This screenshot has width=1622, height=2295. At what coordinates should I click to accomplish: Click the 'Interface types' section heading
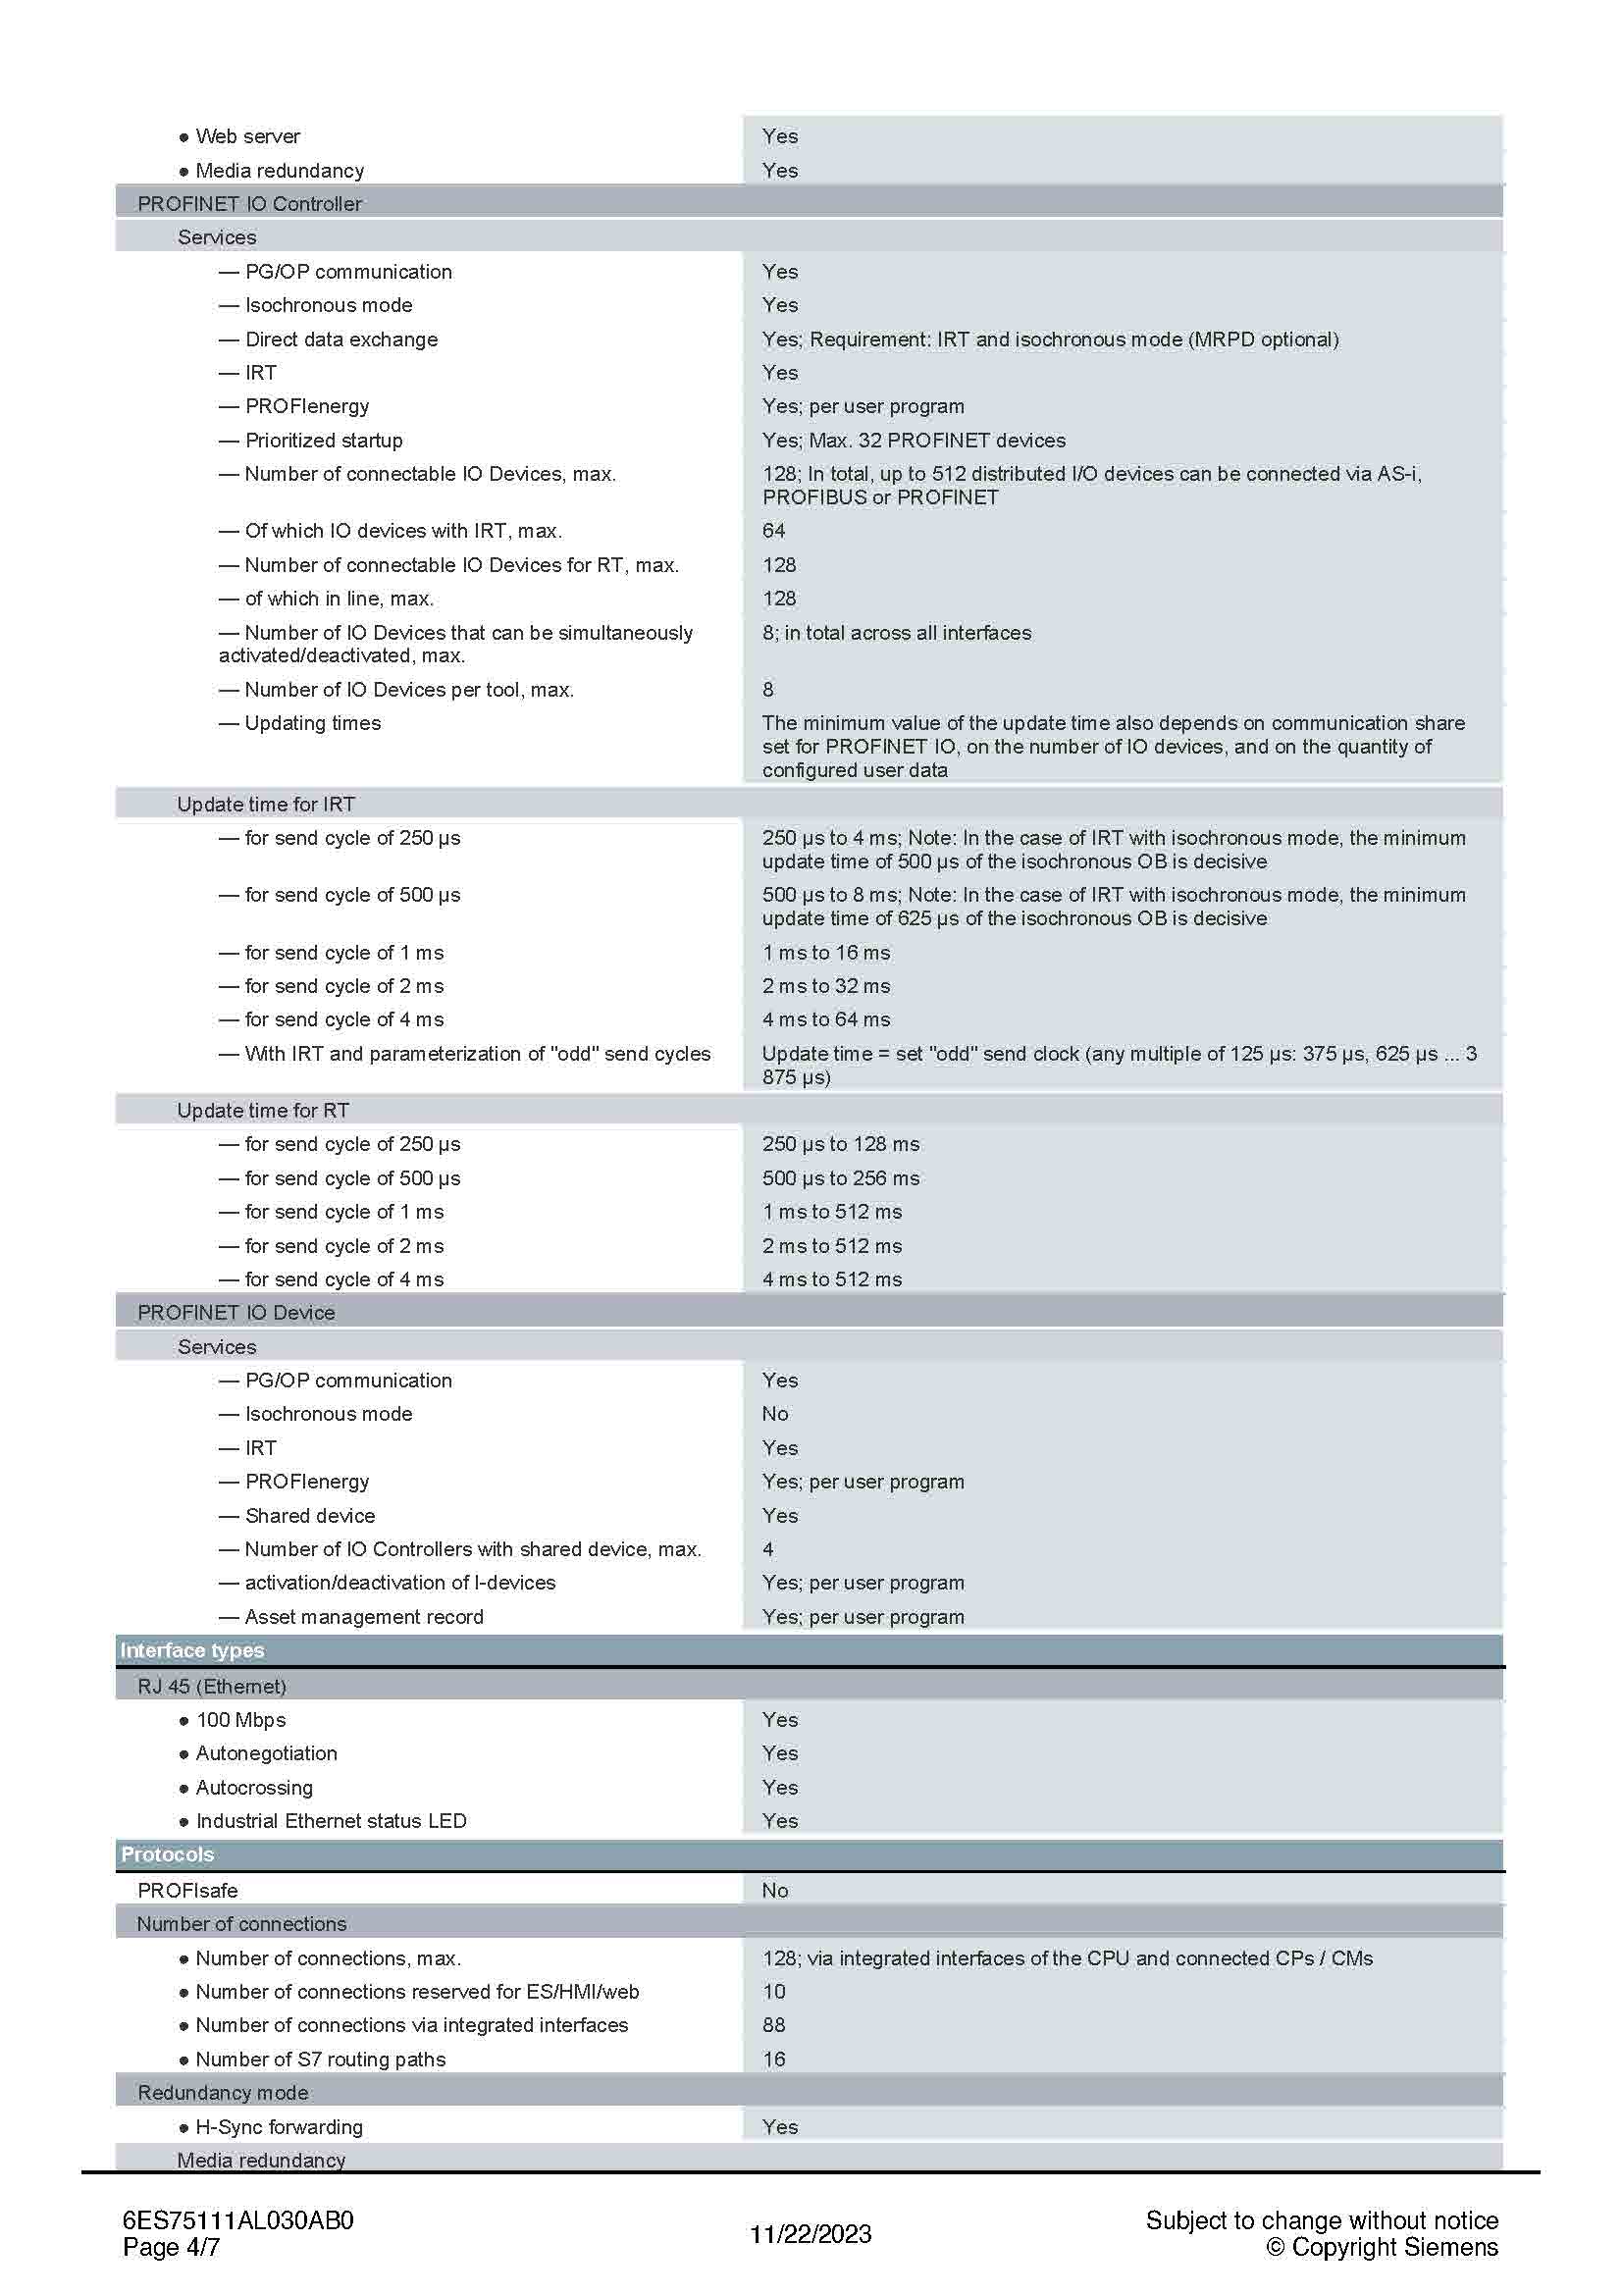pyautogui.click(x=192, y=1650)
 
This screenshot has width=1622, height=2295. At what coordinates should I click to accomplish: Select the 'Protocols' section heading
pyautogui.click(x=167, y=1854)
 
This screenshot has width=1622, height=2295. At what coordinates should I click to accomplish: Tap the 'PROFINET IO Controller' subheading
pyautogui.click(x=250, y=204)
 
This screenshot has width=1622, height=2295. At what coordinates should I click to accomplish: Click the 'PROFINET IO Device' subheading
pyautogui.click(x=235, y=1313)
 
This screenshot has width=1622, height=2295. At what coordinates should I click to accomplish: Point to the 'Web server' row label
pyautogui.click(x=247, y=137)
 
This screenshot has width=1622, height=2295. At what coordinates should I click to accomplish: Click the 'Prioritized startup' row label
pyautogui.click(x=323, y=441)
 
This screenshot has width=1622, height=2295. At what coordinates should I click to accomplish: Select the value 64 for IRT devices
pyautogui.click(x=773, y=531)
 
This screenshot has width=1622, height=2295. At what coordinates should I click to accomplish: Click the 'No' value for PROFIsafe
pyautogui.click(x=774, y=1890)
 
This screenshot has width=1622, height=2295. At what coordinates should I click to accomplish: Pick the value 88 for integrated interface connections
pyautogui.click(x=773, y=2025)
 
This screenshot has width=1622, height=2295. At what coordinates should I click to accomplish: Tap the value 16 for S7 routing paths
pyautogui.click(x=773, y=2060)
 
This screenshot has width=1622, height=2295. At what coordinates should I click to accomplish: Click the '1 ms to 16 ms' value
pyautogui.click(x=825, y=953)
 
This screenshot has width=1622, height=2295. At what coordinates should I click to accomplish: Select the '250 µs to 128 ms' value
pyautogui.click(x=841, y=1144)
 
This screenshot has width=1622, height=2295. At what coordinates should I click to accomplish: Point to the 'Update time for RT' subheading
pyautogui.click(x=263, y=1111)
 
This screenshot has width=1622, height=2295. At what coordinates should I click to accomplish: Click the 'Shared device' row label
pyautogui.click(x=310, y=1516)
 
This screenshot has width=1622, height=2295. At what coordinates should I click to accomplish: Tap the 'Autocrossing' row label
pyautogui.click(x=254, y=1787)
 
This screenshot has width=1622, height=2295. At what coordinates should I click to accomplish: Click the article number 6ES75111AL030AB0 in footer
pyautogui.click(x=237, y=2221)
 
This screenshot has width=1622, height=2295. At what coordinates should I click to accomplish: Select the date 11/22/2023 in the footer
pyautogui.click(x=811, y=2234)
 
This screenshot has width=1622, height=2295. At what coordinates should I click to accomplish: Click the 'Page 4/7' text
pyautogui.click(x=171, y=2248)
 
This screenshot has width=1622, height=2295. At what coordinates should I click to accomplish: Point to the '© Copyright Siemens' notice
pyautogui.click(x=1383, y=2248)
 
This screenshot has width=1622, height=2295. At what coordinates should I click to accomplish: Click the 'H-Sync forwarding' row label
pyautogui.click(x=279, y=2127)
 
